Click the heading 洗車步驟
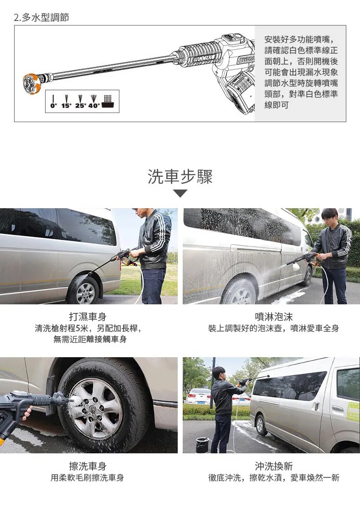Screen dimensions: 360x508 point(180,177)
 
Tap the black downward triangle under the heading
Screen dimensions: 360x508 point(180,194)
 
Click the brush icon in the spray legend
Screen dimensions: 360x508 point(108,102)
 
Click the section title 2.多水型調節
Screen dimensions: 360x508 point(41,17)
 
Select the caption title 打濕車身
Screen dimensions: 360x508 point(87,317)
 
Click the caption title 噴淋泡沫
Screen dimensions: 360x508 point(274,317)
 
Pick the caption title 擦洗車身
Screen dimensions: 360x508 point(87,466)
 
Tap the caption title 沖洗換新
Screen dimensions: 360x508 point(274,466)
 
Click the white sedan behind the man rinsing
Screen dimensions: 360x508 point(198,396)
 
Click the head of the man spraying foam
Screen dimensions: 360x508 point(330,216)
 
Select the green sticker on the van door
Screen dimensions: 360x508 point(353,411)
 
